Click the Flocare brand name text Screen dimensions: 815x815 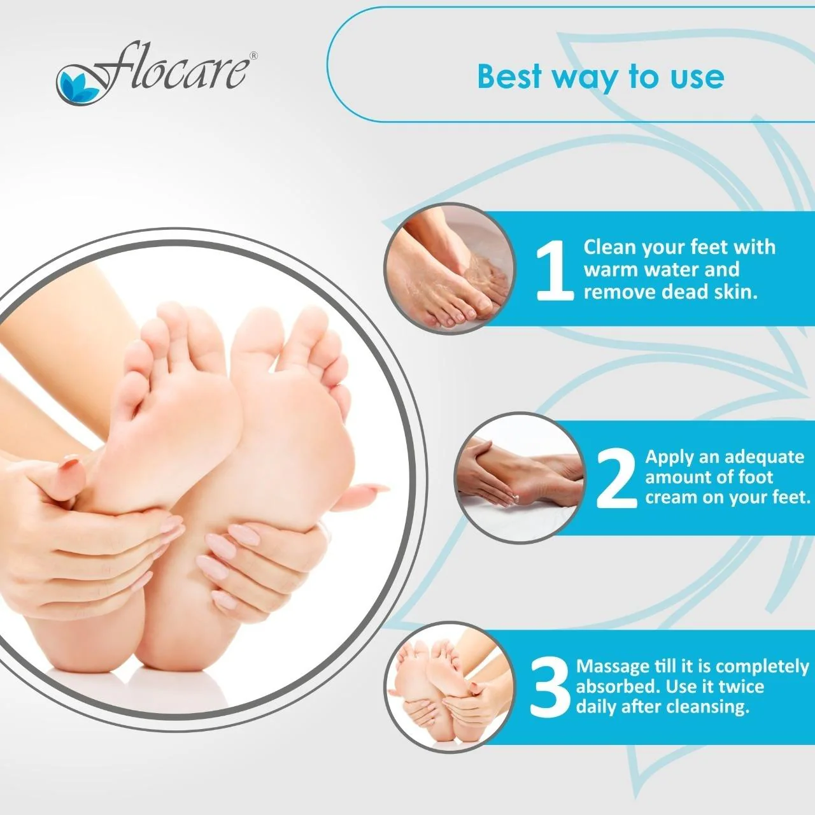[169, 67]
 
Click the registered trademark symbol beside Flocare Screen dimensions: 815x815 [253, 56]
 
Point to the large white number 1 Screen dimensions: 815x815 [554, 270]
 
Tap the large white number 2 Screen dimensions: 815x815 [616, 478]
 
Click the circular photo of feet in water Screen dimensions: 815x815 [450, 269]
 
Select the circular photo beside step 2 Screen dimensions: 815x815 [520, 478]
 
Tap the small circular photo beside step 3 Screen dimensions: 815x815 [450, 687]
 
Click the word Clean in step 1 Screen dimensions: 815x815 [610, 247]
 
